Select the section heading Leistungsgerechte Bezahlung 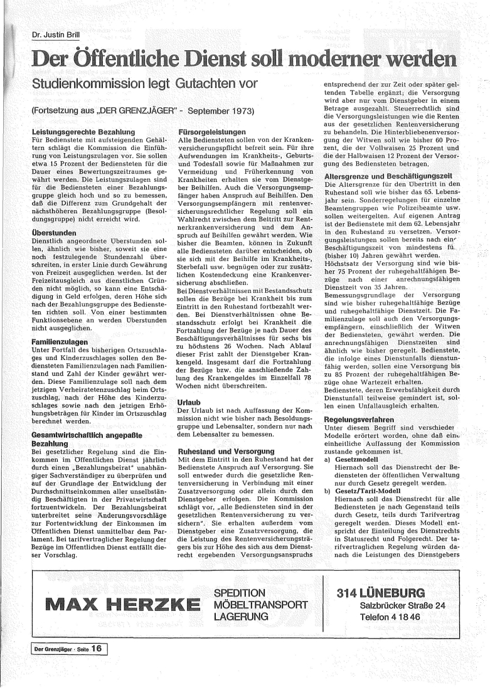(83, 132)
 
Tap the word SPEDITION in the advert (240, 593)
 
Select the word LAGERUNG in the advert (241, 617)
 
